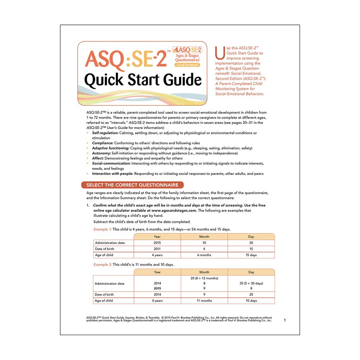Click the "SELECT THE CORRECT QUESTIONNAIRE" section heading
[x=132, y=185]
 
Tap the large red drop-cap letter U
[x=219, y=54]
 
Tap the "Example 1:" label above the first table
[x=103, y=229]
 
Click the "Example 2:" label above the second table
[x=103, y=265]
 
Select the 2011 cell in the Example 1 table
[x=157, y=249]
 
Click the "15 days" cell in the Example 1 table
[x=251, y=255]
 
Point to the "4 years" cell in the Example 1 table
[x=157, y=255]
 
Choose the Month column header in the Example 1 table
[x=204, y=237]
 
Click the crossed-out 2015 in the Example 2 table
[x=157, y=288]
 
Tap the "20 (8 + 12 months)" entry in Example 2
[x=204, y=278]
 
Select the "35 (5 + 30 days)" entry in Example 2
[x=251, y=283]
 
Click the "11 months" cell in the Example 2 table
[x=204, y=301]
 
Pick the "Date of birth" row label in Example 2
[x=104, y=294]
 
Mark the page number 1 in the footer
[x=284, y=320]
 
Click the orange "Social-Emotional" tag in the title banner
[x=187, y=65]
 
